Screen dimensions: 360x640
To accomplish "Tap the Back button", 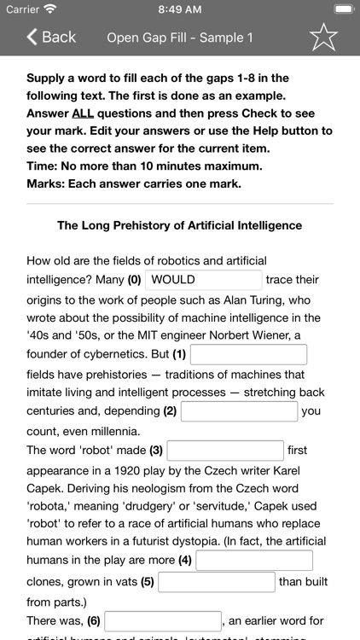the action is tap(51, 37).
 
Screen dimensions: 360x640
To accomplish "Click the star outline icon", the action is tap(323, 37).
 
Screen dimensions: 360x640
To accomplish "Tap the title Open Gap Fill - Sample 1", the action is tap(180, 38).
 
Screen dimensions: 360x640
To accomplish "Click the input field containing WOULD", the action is tap(205, 280).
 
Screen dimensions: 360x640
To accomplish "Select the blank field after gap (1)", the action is tap(248, 354).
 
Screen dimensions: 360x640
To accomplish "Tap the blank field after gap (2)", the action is tap(239, 411).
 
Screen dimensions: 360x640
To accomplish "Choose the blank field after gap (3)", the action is tap(225, 450).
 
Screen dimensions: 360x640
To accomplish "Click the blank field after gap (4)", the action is tap(254, 561).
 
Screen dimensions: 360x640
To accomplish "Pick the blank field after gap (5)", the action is tap(217, 582).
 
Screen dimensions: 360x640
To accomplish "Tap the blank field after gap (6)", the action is tap(163, 621).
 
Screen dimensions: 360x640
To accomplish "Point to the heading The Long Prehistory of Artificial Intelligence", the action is tap(179, 226).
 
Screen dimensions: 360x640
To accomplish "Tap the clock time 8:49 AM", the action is tap(179, 9).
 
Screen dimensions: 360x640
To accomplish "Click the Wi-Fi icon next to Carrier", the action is tap(49, 9).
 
